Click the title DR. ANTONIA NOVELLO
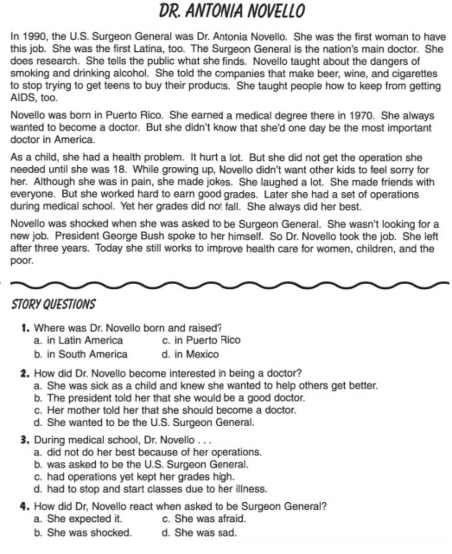[232, 11]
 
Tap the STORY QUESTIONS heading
[53, 304]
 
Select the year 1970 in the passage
[361, 116]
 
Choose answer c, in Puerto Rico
[202, 340]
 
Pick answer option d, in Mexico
[191, 355]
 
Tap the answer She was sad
[200, 532]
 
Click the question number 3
[24, 440]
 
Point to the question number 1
[24, 328]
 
